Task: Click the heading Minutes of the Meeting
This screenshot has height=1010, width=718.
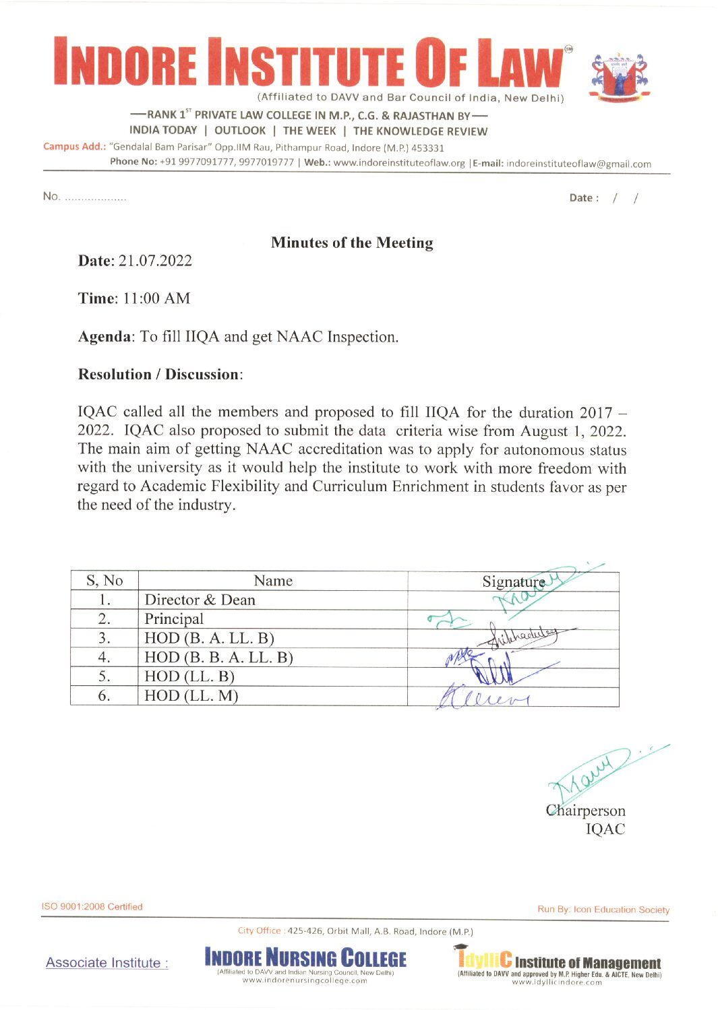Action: (352, 243)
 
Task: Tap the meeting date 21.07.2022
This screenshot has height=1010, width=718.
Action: (155, 261)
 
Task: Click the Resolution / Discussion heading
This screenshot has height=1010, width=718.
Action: (159, 374)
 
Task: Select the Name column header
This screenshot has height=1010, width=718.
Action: (273, 581)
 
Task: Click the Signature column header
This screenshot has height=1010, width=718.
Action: (513, 581)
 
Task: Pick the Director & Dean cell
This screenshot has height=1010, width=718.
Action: (200, 600)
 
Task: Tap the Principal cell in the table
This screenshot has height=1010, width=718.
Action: (174, 619)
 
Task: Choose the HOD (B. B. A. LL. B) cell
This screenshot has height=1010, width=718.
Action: (218, 657)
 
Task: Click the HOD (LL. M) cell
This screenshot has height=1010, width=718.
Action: (191, 695)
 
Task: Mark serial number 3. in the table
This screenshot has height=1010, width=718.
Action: (104, 637)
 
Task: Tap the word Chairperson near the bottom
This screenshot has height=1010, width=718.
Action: (586, 810)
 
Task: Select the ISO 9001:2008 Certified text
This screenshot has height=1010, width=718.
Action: (92, 906)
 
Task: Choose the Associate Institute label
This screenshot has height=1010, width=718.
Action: (107, 963)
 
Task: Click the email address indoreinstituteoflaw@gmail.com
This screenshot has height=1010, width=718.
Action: (578, 164)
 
